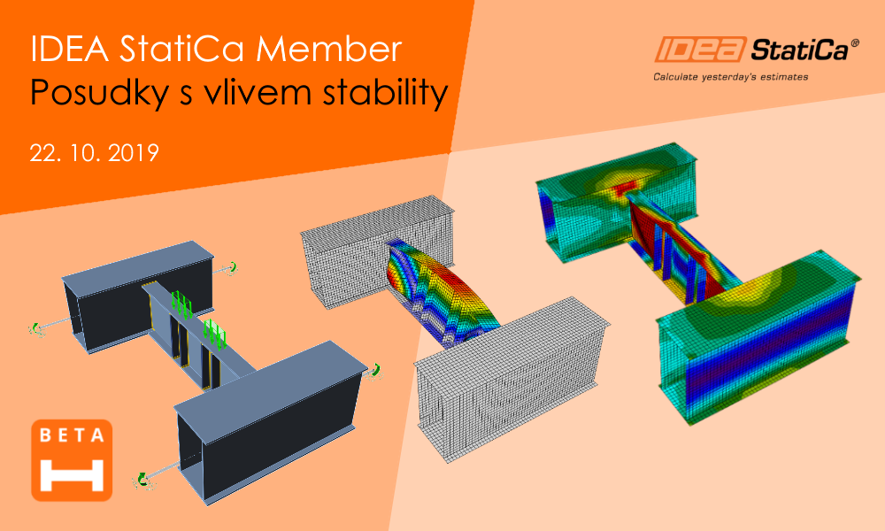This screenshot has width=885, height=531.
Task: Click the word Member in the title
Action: (x=329, y=49)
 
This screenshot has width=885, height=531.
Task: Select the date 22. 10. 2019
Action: (x=95, y=153)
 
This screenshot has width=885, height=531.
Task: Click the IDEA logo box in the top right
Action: (x=700, y=50)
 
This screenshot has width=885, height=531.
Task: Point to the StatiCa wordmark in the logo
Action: (x=800, y=50)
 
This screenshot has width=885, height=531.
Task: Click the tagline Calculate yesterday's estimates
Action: (x=730, y=77)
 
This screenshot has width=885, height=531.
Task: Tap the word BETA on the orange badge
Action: (x=72, y=435)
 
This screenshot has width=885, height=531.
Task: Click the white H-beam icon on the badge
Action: (x=72, y=474)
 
